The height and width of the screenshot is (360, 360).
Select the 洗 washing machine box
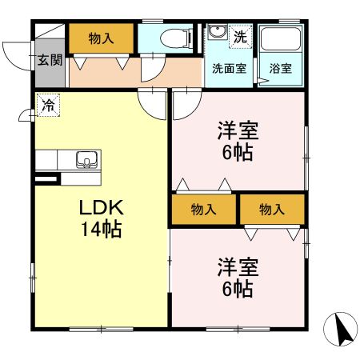[x=241, y=36]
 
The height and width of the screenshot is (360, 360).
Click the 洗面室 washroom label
[x=228, y=68]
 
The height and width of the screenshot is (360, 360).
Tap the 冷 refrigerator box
[x=47, y=104]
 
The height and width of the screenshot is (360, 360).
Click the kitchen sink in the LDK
[x=86, y=159]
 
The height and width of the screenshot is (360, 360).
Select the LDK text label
[x=100, y=208]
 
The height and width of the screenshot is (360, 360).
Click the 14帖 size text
[x=100, y=230]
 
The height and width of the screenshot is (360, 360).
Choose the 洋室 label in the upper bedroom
[x=238, y=130]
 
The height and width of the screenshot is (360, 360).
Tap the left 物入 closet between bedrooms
[x=204, y=210]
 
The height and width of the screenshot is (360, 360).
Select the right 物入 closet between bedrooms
[x=273, y=210]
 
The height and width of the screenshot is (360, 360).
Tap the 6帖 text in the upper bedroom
[x=238, y=152]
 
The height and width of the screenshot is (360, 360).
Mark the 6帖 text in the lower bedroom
[x=238, y=289]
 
